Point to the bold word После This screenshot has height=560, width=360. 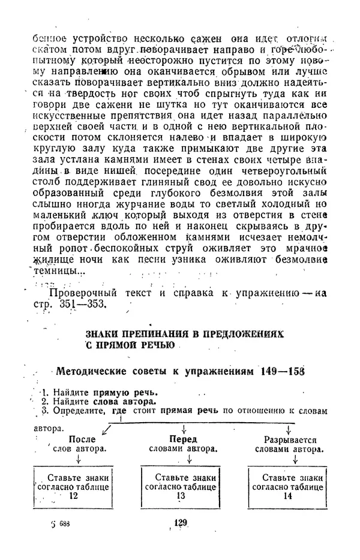(x=82, y=439)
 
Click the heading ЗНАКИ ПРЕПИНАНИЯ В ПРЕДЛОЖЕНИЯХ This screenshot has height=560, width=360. (x=184, y=333)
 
